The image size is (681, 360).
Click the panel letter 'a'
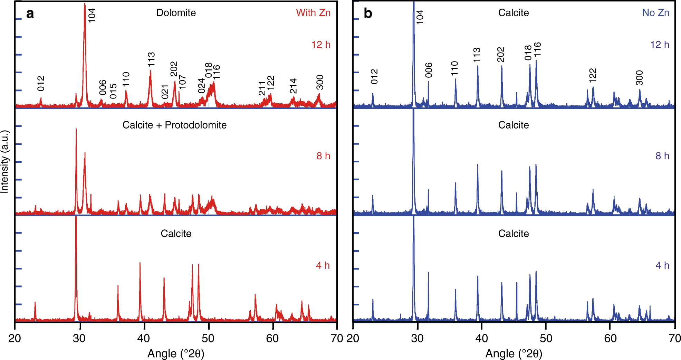pyautogui.click(x=30, y=14)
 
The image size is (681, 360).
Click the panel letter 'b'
pyautogui.click(x=368, y=14)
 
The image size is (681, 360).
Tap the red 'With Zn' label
pyautogui.click(x=313, y=13)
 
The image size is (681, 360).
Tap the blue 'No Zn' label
pyautogui.click(x=655, y=13)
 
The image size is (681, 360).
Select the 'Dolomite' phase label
pyautogui.click(x=176, y=13)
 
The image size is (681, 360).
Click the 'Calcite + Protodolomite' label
pyautogui.click(x=174, y=125)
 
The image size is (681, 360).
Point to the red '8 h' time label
pyautogui.click(x=323, y=156)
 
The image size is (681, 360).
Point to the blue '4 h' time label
pyautogui.click(x=662, y=265)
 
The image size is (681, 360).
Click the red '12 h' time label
pyautogui.click(x=321, y=45)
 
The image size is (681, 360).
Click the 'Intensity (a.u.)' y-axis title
pyautogui.click(x=4, y=161)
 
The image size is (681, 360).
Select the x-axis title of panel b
pyautogui.click(x=514, y=353)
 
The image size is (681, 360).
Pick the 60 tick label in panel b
pyautogui.click(x=610, y=338)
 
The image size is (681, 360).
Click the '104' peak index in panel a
pyautogui.click(x=92, y=16)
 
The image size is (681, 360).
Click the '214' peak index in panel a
pyautogui.click(x=293, y=86)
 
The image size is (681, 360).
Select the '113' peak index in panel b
pyautogui.click(x=477, y=55)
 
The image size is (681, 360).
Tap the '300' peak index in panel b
pyautogui.click(x=639, y=78)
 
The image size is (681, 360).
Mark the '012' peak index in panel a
pyautogui.click(x=41, y=84)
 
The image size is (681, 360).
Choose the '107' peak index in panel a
pyautogui.click(x=182, y=82)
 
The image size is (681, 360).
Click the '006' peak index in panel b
pyautogui.click(x=429, y=70)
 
